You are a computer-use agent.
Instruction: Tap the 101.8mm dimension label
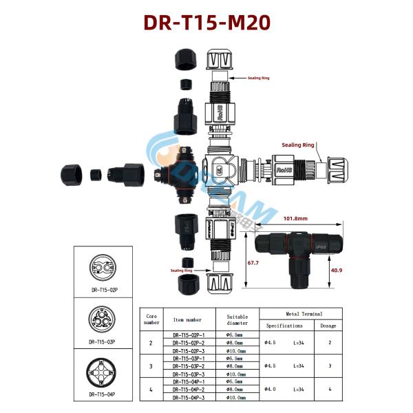pos(295,219)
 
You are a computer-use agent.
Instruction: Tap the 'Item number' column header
pos(187,319)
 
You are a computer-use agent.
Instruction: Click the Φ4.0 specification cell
pos(271,389)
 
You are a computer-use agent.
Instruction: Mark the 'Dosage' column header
pos(328,325)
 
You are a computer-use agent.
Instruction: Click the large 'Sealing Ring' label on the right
pos(298,145)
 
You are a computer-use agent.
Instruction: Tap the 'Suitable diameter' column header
pos(237,319)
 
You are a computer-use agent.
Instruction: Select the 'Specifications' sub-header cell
pos(284,325)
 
